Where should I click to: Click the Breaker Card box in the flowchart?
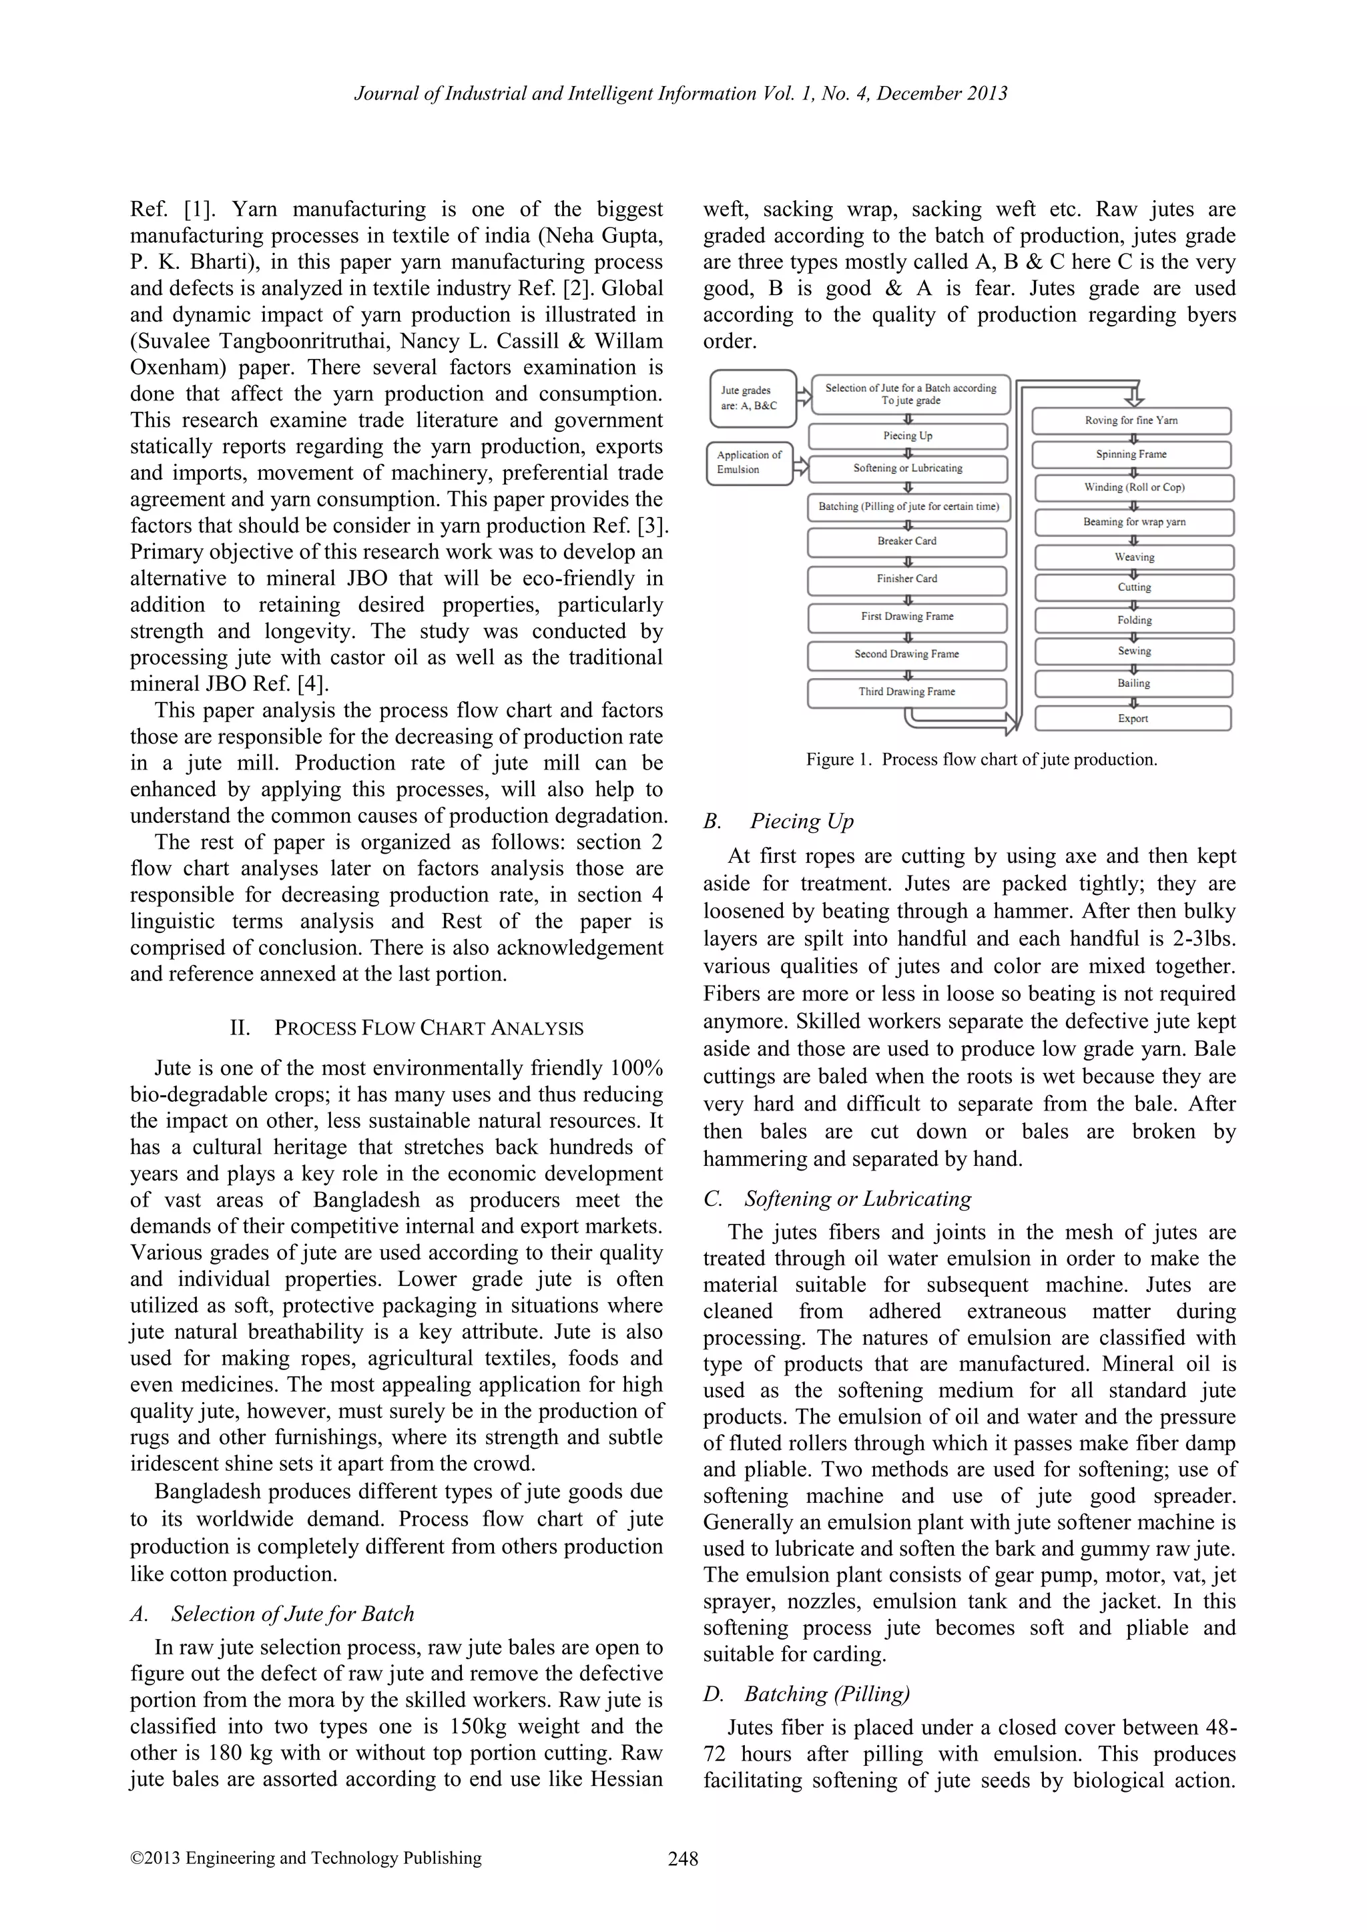coord(906,542)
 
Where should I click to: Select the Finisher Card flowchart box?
coord(906,579)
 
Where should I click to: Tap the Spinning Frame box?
coord(1131,454)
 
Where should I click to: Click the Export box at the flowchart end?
coord(1132,719)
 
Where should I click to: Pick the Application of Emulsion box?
coord(749,462)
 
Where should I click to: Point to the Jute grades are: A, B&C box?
coord(751,398)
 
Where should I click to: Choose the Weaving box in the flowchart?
coord(1134,557)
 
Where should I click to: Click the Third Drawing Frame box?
coord(906,691)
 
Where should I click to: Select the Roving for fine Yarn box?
coord(1131,420)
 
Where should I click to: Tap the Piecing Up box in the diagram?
coord(907,436)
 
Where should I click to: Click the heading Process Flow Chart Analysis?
coord(406,1028)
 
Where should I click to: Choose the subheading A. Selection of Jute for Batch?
coord(272,1614)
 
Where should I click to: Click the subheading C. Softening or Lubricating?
coord(837,1199)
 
